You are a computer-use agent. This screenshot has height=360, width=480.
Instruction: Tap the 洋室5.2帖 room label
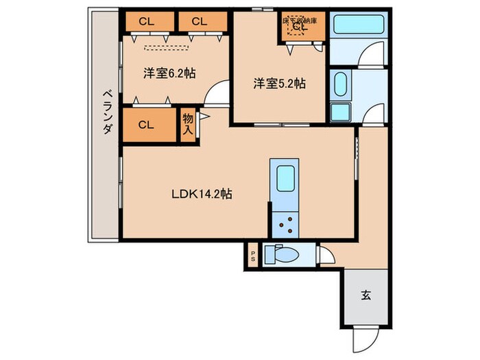[279, 84]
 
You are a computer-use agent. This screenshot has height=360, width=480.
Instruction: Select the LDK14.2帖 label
[201, 194]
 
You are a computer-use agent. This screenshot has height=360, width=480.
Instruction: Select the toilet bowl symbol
[283, 255]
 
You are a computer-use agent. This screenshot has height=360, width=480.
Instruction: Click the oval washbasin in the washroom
[340, 85]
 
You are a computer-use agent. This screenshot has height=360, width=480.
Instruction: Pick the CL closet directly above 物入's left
[145, 125]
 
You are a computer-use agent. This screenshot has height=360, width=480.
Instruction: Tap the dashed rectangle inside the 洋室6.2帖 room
[165, 47]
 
